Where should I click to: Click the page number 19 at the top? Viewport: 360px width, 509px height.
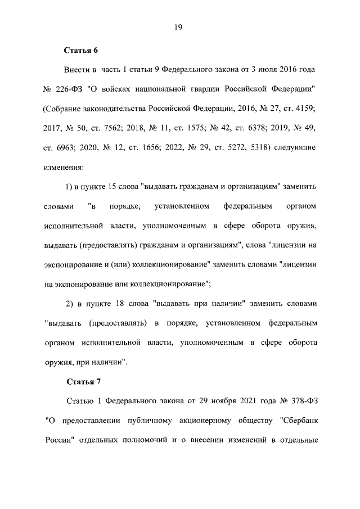(180, 26)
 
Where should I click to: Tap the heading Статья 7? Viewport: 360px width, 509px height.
(83, 382)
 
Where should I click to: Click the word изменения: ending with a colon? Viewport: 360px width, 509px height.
(64, 167)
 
